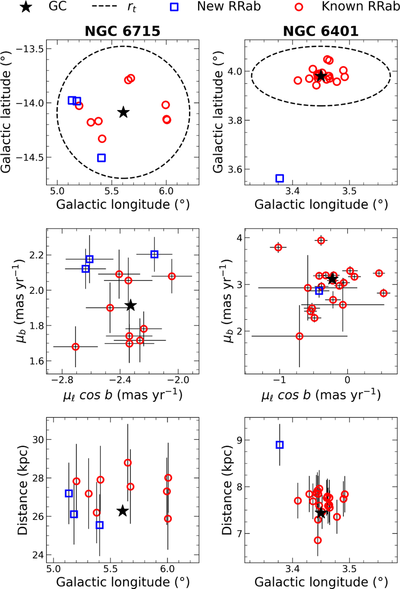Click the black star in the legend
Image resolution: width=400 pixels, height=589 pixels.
(26, 7)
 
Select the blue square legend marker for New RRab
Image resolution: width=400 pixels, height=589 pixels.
(174, 7)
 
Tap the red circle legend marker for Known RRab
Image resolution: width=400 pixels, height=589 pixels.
(299, 7)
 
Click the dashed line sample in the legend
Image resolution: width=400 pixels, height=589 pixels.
(104, 6)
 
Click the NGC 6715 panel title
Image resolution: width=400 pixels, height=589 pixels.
(122, 31)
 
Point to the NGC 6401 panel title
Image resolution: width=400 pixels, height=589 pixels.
(321, 31)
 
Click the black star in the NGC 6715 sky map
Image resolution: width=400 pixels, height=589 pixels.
(123, 112)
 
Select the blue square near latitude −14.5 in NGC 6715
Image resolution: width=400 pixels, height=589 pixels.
(102, 158)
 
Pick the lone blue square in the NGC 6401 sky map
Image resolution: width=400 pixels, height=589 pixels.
(280, 178)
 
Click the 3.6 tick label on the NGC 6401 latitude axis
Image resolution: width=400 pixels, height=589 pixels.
(234, 169)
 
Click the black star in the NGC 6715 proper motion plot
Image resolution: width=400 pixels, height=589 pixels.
(131, 305)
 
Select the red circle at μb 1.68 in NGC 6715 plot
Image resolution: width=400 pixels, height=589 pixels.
(76, 347)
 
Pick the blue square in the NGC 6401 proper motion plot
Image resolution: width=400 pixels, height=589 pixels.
(319, 291)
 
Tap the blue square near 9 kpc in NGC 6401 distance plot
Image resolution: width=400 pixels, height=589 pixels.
(280, 445)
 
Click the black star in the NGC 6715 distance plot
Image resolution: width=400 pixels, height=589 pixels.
(123, 511)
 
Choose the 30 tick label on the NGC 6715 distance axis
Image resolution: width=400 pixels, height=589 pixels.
(38, 440)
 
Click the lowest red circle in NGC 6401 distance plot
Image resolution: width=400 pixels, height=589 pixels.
(318, 540)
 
